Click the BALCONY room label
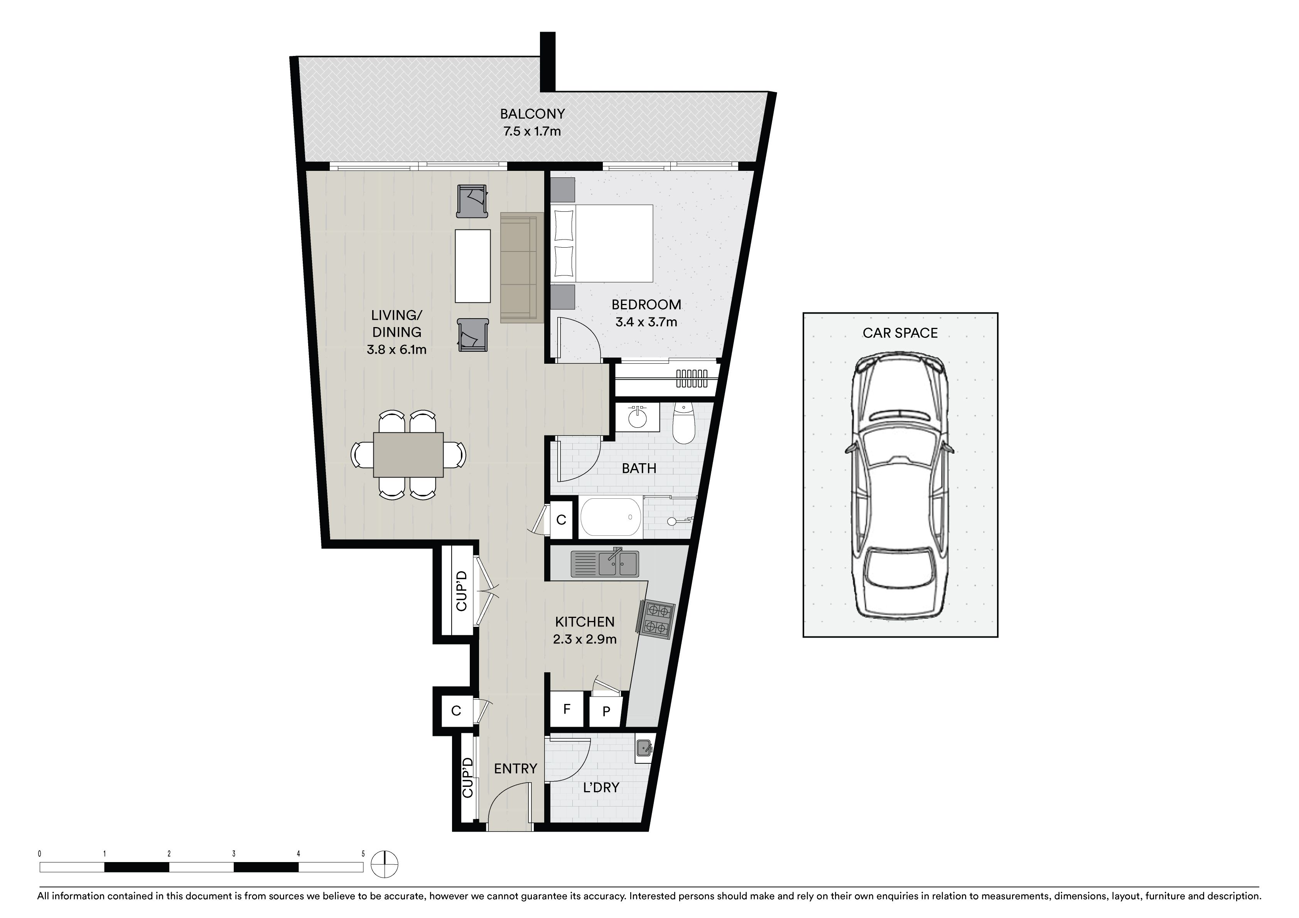click(x=532, y=114)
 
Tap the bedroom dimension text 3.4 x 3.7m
click(x=646, y=322)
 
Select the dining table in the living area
click(x=408, y=454)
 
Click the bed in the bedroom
click(x=602, y=243)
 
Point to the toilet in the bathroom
click(x=683, y=424)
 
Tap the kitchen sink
click(x=605, y=563)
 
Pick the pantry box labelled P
click(x=606, y=711)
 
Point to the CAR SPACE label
click(x=900, y=333)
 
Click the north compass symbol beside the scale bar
click(x=385, y=866)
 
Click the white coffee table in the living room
click(x=473, y=266)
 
